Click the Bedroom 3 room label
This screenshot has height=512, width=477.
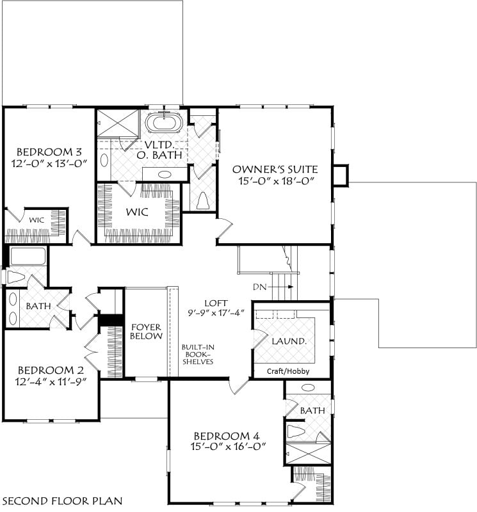pyautogui.click(x=49, y=152)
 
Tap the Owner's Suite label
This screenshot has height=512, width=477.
pyautogui.click(x=275, y=169)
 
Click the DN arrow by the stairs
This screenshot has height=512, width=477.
pyautogui.click(x=280, y=287)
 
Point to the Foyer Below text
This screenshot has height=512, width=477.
pyautogui.click(x=146, y=332)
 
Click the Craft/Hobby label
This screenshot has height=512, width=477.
pyautogui.click(x=288, y=371)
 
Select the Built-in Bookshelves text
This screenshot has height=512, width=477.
pyautogui.click(x=198, y=355)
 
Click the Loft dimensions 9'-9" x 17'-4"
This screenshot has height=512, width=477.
pyautogui.click(x=216, y=313)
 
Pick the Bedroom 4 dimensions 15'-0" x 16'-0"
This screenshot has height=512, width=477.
pyautogui.click(x=229, y=446)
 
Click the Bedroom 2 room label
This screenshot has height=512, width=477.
pyautogui.click(x=51, y=370)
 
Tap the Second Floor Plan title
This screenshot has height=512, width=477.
pyautogui.click(x=62, y=500)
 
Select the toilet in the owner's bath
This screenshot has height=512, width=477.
pyautogui.click(x=203, y=200)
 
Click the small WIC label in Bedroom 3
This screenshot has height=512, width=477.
pyautogui.click(x=36, y=220)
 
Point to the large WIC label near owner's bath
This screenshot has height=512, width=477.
pyautogui.click(x=137, y=212)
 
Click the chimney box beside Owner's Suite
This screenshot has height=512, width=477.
pyautogui.click(x=341, y=175)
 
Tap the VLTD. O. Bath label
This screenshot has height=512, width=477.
pyautogui.click(x=159, y=150)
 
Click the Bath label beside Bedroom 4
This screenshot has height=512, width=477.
pyautogui.click(x=312, y=410)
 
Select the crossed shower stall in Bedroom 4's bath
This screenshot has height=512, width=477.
pyautogui.click(x=307, y=453)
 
